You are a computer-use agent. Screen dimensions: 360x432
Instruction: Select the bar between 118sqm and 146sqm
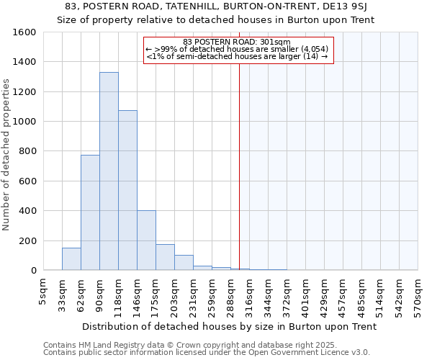point(127,191)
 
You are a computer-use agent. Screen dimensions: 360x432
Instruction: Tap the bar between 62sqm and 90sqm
point(90,212)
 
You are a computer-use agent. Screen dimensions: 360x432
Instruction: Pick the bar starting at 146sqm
point(146,240)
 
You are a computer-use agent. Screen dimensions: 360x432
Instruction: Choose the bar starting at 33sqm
point(71,259)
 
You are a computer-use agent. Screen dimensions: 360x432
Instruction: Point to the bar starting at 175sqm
point(165,258)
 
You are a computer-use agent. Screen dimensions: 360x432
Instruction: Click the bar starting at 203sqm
point(184,263)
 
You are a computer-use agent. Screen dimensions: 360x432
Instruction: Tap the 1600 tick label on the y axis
point(24,32)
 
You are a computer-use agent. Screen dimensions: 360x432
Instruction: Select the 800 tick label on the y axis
point(27,151)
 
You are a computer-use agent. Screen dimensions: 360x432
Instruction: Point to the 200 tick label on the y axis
point(27,240)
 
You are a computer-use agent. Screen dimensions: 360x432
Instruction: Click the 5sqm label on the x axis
point(43,289)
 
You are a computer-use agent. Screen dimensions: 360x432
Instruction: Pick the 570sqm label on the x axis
point(418,292)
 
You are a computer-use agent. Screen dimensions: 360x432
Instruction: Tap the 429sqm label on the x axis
point(324,292)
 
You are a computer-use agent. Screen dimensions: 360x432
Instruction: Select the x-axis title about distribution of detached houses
point(230,327)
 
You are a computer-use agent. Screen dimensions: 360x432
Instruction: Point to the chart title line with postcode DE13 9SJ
point(216,6)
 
